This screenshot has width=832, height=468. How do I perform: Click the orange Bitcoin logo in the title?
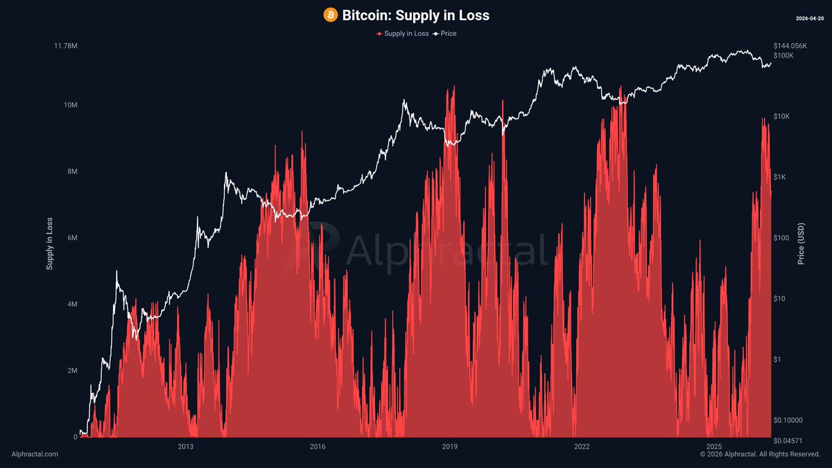pos(331,15)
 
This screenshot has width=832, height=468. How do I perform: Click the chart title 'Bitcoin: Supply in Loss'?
pos(415,15)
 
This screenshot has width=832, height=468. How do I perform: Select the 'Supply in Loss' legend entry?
pos(403,33)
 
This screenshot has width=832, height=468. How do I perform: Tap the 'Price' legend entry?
pos(444,33)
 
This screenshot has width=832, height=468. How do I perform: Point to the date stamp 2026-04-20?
pos(808,18)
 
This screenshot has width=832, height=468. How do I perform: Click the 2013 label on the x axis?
pos(185,447)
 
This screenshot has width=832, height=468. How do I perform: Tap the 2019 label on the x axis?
pos(449,447)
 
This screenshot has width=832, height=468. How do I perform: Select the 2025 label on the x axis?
pos(713,447)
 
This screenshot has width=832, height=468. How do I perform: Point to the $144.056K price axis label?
pos(790,46)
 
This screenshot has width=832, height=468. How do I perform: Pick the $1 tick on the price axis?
pos(778,359)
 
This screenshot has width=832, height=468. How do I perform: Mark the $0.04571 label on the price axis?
pos(789,441)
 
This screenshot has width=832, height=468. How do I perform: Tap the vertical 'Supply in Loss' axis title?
pos(49,243)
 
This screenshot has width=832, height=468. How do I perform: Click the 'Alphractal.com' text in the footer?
pos(35,454)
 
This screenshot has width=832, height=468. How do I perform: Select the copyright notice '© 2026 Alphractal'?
pos(759,454)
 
